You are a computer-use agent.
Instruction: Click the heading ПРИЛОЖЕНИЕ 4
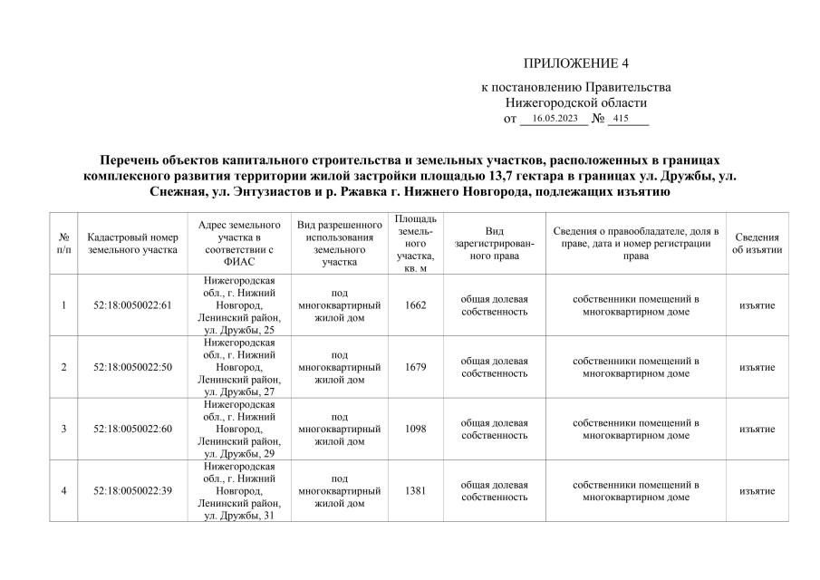575,63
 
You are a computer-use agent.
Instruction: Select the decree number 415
621,119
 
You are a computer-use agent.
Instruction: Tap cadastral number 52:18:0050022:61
132,305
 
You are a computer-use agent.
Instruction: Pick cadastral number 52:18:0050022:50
132,367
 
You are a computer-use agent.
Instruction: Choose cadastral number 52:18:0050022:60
132,429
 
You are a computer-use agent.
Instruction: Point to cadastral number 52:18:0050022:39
132,490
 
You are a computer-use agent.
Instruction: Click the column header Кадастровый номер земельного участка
132,243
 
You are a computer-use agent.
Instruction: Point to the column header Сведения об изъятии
757,243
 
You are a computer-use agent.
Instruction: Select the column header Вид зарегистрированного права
494,243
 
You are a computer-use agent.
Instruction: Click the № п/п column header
63,243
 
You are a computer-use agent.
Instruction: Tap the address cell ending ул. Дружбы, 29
239,429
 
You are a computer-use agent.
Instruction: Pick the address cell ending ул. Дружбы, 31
239,490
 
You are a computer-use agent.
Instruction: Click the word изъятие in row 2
757,367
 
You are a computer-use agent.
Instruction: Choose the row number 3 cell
63,429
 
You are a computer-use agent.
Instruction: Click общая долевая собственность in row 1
494,305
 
